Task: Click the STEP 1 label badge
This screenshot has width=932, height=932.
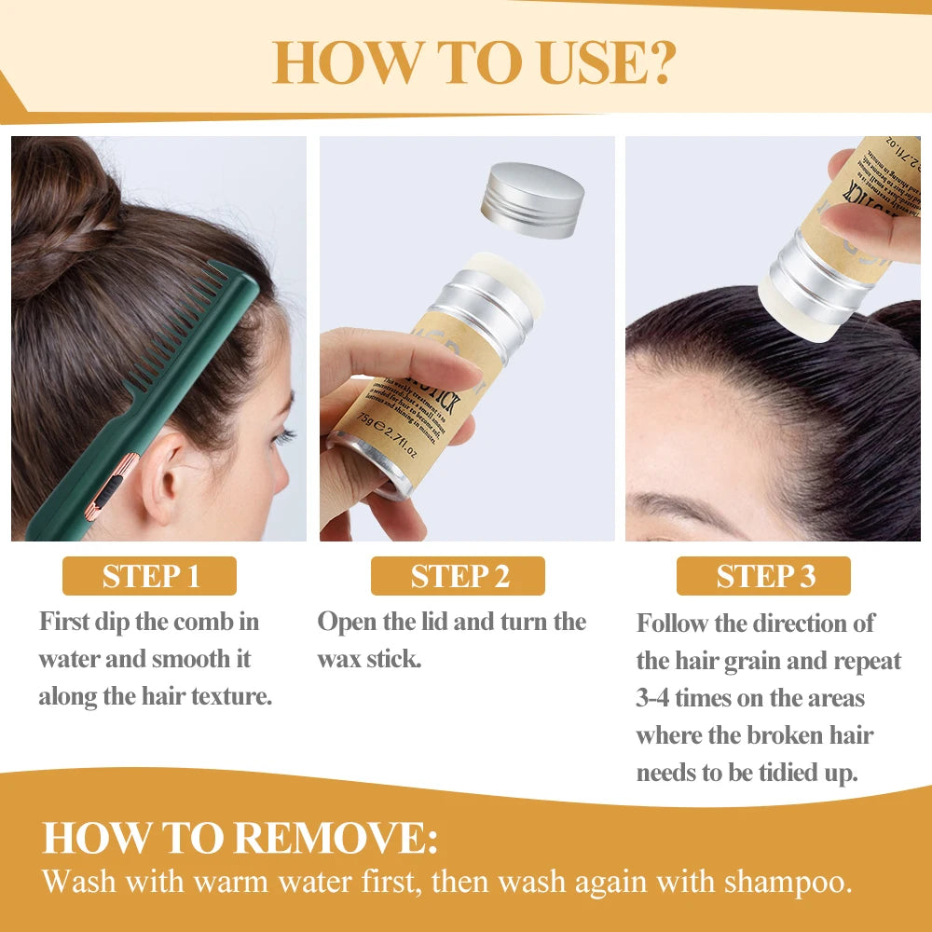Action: click(x=149, y=576)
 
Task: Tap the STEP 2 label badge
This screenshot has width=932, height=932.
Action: click(x=458, y=576)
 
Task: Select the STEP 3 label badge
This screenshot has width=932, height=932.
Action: click(x=763, y=576)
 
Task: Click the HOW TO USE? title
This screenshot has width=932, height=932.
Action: click(x=473, y=62)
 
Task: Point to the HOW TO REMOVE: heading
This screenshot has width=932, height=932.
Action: click(x=240, y=838)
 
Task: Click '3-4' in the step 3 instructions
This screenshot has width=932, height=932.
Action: click(x=654, y=697)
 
